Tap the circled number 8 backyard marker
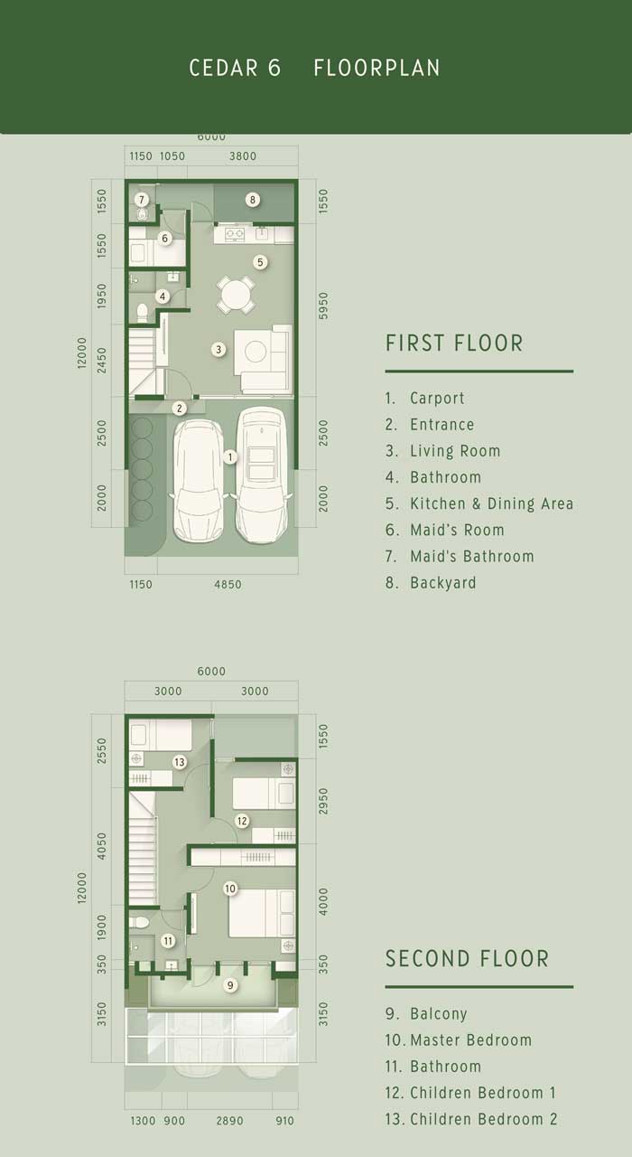pos(252,200)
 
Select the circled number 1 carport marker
pos(230,456)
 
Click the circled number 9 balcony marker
pos(230,985)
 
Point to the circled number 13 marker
pos(180,761)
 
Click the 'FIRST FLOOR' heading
pos(454,343)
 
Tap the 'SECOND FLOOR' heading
pos(468,959)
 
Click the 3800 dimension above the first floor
pos(243,156)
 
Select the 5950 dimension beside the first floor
pos(323,306)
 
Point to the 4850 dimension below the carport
pos(228,585)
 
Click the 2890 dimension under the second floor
pos(229,1121)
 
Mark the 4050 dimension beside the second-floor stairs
pos(102,846)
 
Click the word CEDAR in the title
pos(223,68)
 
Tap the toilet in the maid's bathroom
pos(143,214)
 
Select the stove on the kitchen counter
pos(235,234)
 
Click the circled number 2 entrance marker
pos(180,409)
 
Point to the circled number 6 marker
pos(165,238)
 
